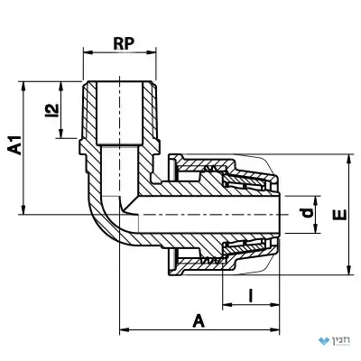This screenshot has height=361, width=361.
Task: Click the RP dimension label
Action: click(x=124, y=44)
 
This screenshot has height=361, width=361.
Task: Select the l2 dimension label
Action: click(x=51, y=110)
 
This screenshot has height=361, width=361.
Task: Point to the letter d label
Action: click(x=308, y=213)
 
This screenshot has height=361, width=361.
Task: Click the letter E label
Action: click(x=340, y=215)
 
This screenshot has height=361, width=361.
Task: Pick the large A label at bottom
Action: click(x=199, y=320)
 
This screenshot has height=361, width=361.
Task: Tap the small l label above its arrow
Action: click(x=250, y=295)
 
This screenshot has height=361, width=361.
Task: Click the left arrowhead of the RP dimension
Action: click(x=88, y=52)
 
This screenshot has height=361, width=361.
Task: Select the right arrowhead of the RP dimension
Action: click(x=152, y=52)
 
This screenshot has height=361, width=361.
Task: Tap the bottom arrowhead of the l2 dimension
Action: click(x=61, y=134)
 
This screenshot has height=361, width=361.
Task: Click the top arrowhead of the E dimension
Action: click(x=349, y=159)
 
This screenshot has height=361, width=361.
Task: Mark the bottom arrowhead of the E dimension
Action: click(x=349, y=271)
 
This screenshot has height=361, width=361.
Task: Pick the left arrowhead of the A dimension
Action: click(x=125, y=329)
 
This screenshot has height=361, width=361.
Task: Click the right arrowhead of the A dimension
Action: click(x=275, y=329)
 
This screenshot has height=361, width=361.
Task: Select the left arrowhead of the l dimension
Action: click(x=227, y=305)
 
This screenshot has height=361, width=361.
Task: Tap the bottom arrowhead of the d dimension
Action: click(x=316, y=228)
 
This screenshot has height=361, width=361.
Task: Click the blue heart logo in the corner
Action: click(x=324, y=341)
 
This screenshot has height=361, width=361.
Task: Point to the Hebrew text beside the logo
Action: click(x=341, y=341)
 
